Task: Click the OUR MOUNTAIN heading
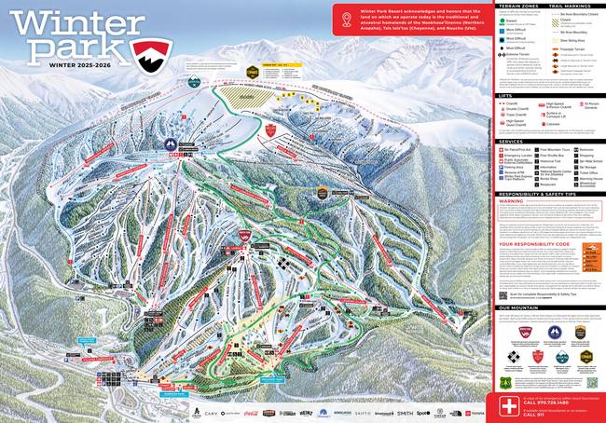click(x=517, y=307)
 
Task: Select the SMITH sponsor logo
click(x=404, y=412)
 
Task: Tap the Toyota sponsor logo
click(x=479, y=412)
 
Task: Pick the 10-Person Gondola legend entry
click(x=589, y=106)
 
